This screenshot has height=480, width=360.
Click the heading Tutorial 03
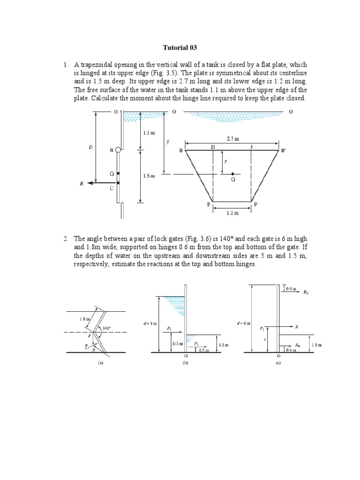click(180, 48)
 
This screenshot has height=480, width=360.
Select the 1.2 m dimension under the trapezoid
click(233, 212)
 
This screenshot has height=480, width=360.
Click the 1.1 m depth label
click(149, 133)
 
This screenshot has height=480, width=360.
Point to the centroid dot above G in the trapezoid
click(233, 174)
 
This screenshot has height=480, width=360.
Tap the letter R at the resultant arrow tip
click(82, 184)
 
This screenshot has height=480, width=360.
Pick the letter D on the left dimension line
click(90, 147)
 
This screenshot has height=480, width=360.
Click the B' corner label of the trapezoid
click(283, 151)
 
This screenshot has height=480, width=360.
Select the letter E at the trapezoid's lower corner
click(209, 205)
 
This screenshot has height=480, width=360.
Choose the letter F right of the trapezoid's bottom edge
click(255, 205)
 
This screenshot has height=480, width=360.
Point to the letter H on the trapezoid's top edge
click(213, 147)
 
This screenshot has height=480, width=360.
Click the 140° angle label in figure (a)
click(107, 328)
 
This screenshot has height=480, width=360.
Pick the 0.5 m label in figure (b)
click(204, 349)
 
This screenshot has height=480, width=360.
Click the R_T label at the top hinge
click(306, 292)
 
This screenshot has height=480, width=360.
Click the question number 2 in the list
click(66, 239)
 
